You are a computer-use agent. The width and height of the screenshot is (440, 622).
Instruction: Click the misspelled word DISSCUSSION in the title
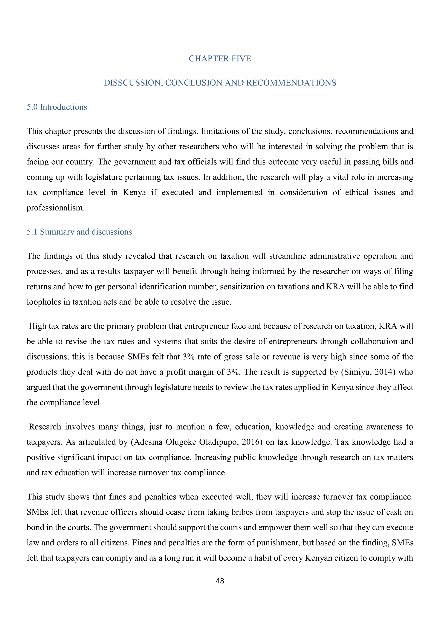(133, 83)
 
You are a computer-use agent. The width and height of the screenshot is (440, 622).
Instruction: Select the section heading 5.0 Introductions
(57, 107)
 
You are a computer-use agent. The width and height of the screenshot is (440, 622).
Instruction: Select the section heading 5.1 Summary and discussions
(79, 232)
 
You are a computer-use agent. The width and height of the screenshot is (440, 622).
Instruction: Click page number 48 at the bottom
(220, 581)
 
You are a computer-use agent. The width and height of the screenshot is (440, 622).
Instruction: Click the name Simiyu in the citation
(357, 372)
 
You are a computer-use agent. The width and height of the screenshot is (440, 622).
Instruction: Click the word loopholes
(44, 302)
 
